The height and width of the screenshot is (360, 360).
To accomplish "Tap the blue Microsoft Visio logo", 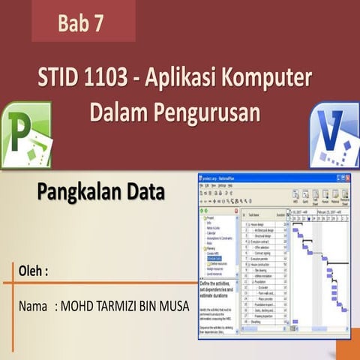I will pos(334,134).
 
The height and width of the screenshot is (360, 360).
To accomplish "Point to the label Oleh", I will pos(33,271).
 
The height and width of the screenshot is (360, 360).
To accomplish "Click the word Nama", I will pos(34,307).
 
